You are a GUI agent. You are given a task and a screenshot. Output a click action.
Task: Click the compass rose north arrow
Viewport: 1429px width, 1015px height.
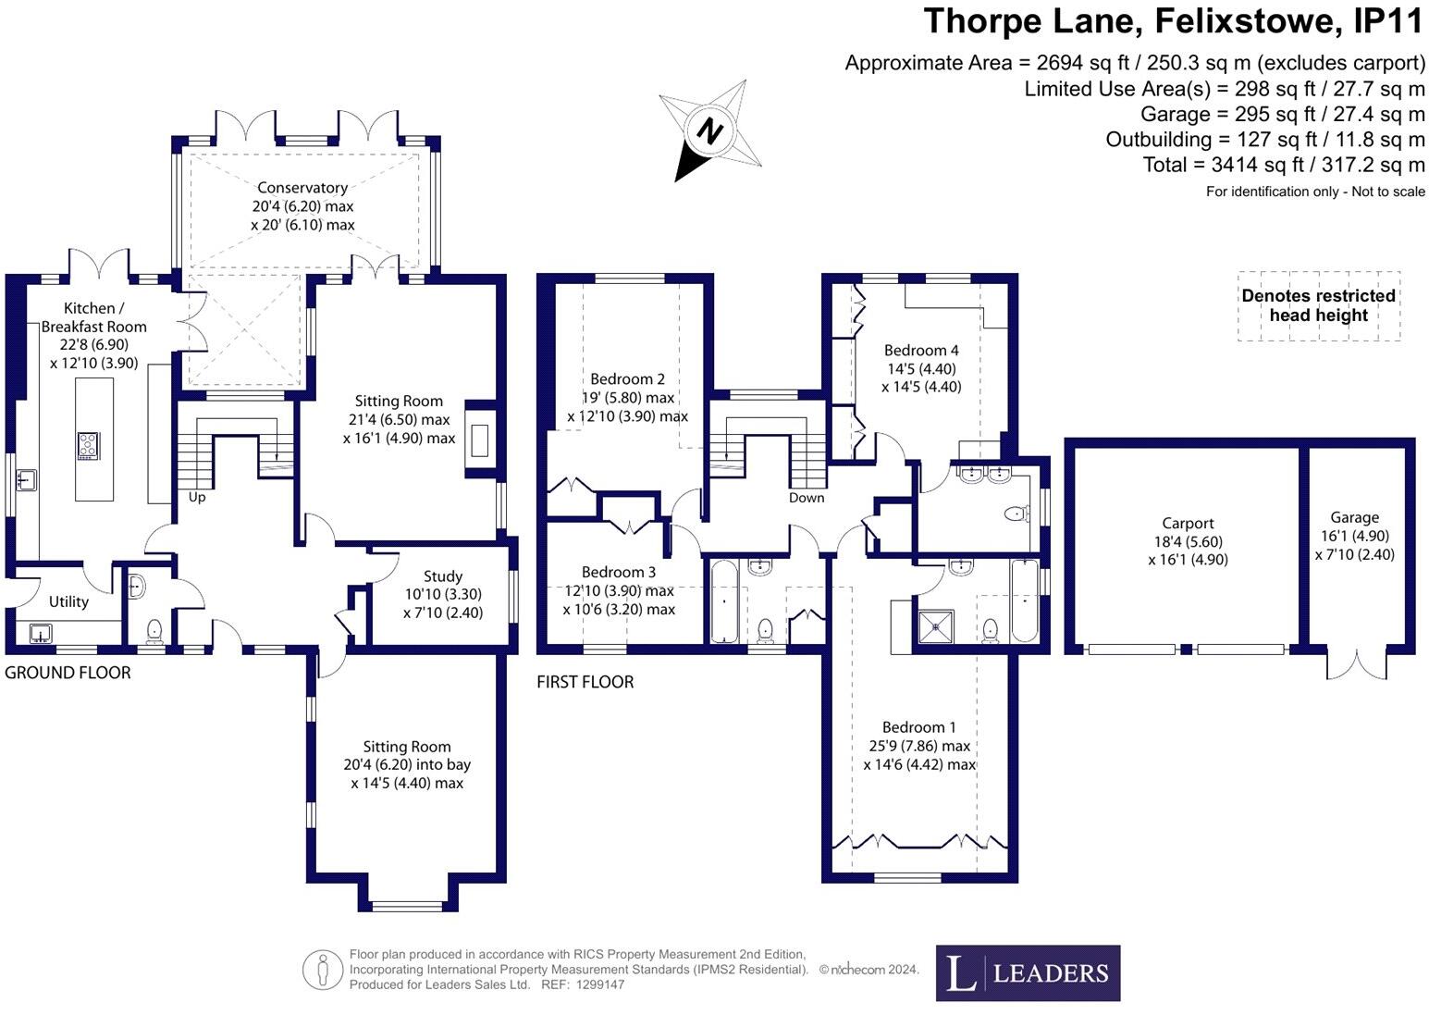click(709, 130)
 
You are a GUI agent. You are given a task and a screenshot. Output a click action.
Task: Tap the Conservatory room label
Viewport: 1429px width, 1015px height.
click(302, 188)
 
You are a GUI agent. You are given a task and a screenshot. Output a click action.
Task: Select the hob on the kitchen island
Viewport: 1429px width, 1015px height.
click(89, 446)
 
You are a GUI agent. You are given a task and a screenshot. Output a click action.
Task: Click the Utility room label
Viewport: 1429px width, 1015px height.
click(68, 601)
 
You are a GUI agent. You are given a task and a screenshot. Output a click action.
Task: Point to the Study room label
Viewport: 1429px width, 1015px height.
click(443, 576)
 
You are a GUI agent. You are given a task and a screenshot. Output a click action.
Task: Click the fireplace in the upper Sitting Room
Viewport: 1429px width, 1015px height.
click(479, 439)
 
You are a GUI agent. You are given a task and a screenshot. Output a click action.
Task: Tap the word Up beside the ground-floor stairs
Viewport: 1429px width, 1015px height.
click(197, 498)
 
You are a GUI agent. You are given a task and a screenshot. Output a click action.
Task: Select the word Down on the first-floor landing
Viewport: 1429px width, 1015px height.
click(807, 498)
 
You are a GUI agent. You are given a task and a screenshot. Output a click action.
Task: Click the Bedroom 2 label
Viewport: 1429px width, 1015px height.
click(628, 378)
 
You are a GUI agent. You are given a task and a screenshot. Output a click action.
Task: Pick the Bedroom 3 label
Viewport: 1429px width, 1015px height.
click(619, 573)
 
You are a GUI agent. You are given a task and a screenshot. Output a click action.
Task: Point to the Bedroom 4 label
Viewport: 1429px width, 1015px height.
click(921, 350)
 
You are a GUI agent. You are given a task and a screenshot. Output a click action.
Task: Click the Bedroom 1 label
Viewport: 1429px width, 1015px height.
click(919, 727)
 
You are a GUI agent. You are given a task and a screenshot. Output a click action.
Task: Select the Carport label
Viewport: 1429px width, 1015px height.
click(1188, 524)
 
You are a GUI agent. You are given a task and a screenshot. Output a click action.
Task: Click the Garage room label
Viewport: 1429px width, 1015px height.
click(1354, 518)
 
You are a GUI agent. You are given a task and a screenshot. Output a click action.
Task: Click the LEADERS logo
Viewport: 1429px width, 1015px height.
click(1028, 973)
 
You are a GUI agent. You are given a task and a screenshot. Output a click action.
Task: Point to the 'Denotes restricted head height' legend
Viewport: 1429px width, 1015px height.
click(1318, 305)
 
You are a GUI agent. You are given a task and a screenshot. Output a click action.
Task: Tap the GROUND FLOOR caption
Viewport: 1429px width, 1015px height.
click(68, 673)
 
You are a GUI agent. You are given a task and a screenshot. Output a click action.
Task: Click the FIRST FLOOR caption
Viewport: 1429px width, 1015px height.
click(585, 682)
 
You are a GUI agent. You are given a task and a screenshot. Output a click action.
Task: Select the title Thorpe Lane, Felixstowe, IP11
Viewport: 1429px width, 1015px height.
click(1174, 20)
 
